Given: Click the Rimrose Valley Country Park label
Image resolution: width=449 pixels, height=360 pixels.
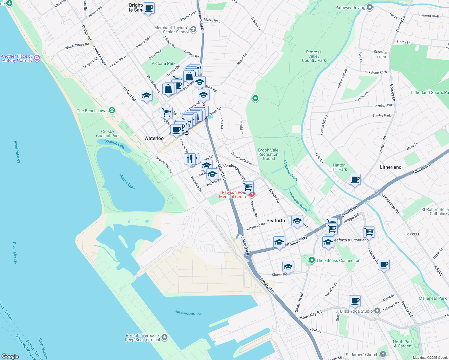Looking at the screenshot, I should click(x=314, y=56).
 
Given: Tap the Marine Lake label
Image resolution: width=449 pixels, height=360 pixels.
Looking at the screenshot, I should click(x=127, y=182).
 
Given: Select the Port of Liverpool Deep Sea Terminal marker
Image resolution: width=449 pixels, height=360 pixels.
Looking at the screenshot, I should click(x=164, y=337).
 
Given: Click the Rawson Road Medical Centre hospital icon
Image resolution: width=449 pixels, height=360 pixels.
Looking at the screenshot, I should click(x=252, y=194).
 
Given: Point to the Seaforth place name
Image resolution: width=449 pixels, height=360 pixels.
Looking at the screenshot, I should click(x=276, y=220).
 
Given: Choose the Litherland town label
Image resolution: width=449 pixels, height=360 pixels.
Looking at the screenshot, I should click(x=390, y=167).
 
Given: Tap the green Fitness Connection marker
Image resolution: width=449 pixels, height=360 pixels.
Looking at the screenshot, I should click(x=312, y=260).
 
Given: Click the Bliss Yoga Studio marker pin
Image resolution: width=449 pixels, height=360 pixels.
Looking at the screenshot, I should click(x=378, y=311).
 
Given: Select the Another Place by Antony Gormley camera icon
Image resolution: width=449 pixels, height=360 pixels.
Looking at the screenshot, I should click(x=37, y=58).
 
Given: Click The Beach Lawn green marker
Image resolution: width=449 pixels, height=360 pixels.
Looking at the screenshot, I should click(x=112, y=110).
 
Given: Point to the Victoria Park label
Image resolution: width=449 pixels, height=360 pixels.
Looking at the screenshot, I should click(x=163, y=63).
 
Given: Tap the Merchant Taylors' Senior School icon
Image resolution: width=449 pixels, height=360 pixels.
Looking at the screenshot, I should click(x=193, y=29).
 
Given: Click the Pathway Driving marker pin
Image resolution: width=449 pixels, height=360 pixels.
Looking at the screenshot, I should click(x=370, y=7).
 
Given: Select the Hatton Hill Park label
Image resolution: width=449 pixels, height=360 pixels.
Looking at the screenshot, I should click(x=339, y=167).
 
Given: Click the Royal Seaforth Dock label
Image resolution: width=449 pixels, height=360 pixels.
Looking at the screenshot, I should click(x=189, y=313).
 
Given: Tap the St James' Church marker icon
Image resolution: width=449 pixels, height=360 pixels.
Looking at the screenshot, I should click(x=383, y=354).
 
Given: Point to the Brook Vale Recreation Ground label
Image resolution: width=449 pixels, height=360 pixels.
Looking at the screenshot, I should click(x=268, y=154).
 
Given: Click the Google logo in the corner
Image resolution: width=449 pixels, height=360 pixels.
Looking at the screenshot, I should click(x=10, y=356).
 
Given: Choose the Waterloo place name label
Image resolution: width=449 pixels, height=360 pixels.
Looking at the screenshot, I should click(x=154, y=138).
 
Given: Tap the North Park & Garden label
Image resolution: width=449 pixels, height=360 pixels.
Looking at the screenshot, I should click(x=402, y=344).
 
